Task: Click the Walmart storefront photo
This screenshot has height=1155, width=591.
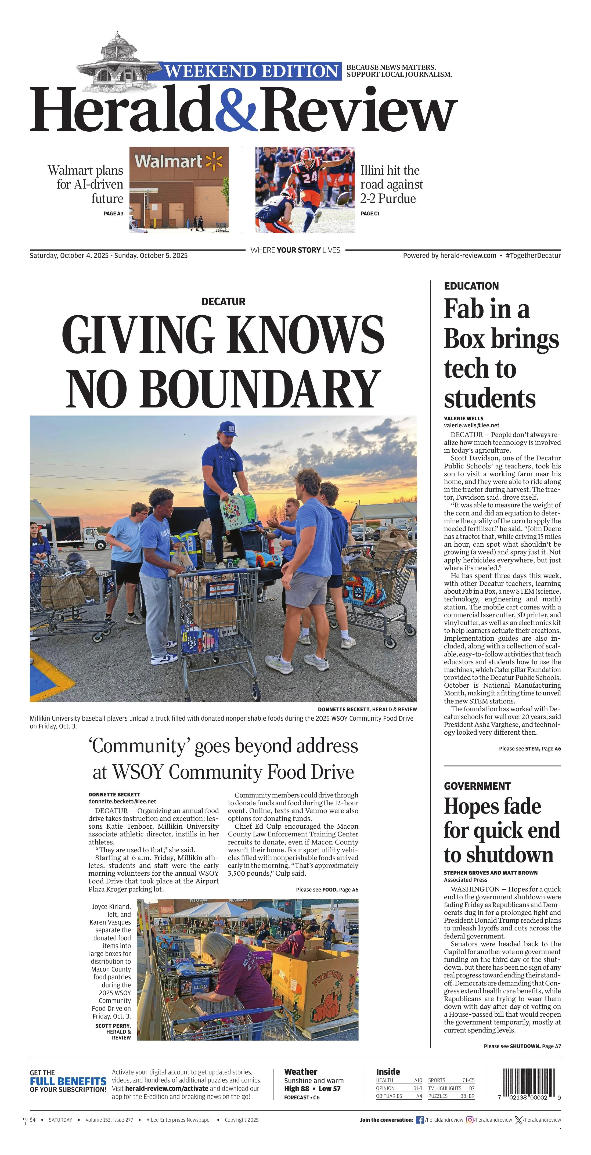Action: coord(179,190)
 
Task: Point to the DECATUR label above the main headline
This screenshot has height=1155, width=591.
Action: coord(223,301)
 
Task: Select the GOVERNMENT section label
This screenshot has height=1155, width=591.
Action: coord(477,786)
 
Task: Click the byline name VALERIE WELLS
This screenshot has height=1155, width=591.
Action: coord(464,418)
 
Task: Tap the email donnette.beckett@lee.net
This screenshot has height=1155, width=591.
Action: coord(122,801)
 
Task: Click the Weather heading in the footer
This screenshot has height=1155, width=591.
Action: coord(300,1072)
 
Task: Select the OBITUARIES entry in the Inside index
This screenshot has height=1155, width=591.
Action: coord(389,1096)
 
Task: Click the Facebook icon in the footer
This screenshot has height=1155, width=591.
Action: coord(420,1120)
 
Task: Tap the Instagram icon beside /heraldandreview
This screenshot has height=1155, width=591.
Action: coord(470,1120)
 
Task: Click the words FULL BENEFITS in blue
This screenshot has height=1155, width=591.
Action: coord(68,1081)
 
